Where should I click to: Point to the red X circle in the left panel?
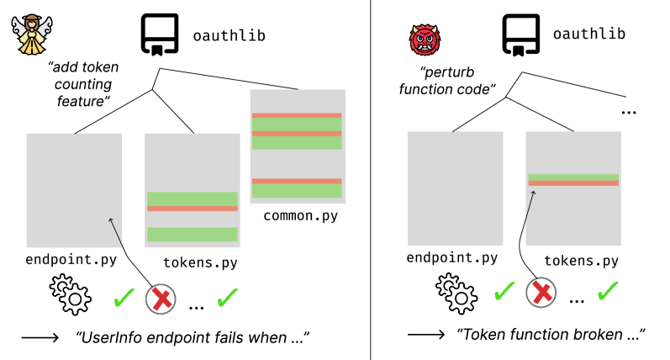point(163,299)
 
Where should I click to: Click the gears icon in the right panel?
point(454,292)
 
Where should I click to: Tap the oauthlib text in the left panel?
point(218,35)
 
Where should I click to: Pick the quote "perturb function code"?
point(447,80)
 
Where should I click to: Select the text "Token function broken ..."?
point(551,334)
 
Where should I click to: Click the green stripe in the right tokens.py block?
point(572,177)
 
